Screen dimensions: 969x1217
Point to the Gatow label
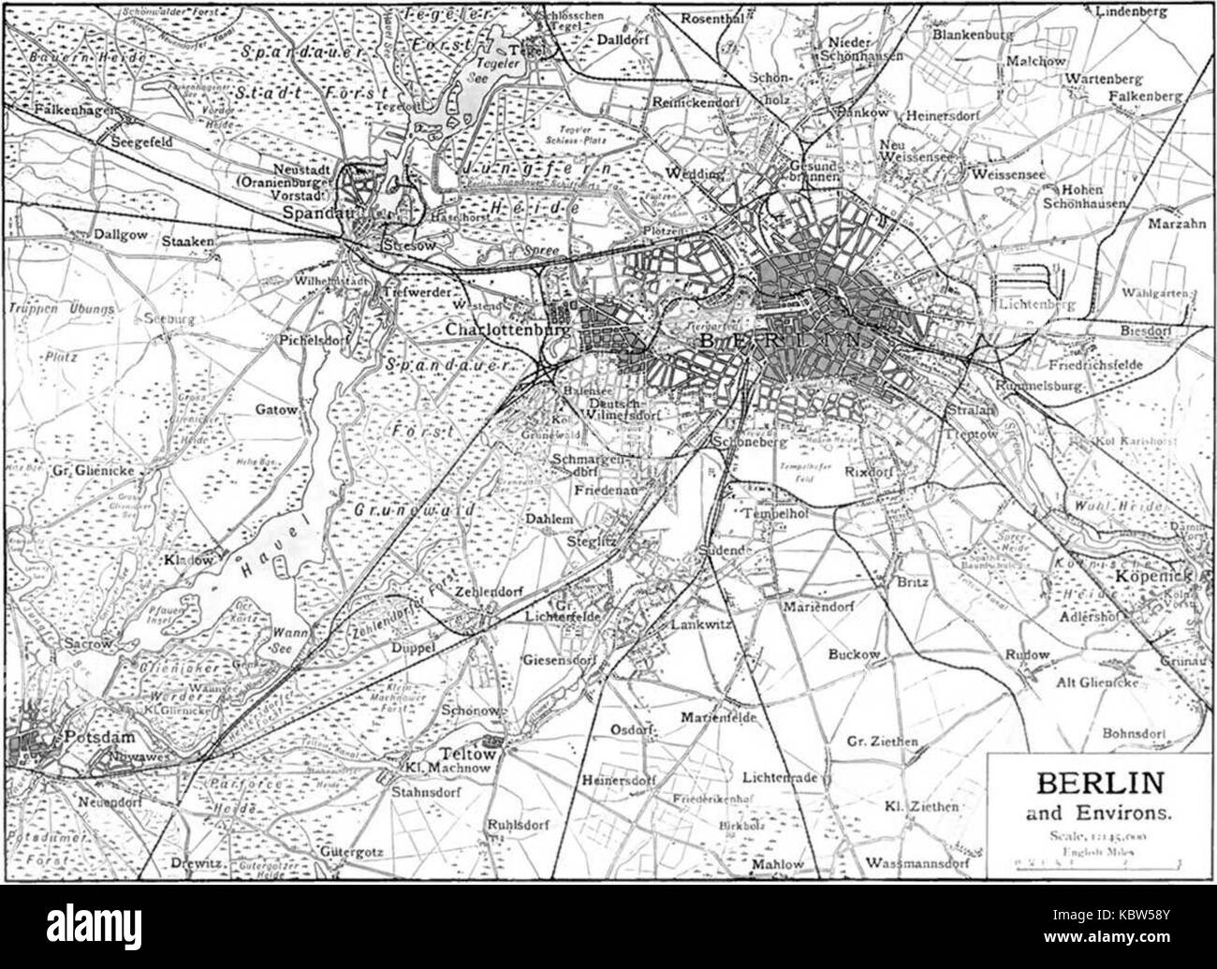click(x=275, y=410)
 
